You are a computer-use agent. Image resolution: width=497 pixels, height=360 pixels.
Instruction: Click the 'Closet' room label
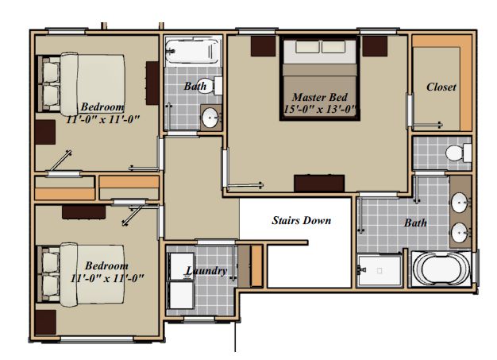pos(441,87)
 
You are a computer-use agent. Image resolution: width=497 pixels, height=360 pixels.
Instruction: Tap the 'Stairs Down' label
pos(301,220)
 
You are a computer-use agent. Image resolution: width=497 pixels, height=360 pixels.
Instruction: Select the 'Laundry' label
pos(206,271)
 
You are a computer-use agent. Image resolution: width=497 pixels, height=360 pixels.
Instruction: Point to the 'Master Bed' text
pos(320,97)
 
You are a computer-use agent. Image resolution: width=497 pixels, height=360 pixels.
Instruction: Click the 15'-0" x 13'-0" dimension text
pos(321,110)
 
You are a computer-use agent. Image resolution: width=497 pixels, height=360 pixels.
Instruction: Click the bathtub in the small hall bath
pos(192,51)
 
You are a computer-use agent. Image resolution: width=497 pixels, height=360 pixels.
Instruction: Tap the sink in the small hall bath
pos(210,118)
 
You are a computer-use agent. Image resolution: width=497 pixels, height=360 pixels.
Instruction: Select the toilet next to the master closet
pos(458,153)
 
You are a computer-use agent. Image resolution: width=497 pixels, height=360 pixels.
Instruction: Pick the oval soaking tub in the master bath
pos(442,269)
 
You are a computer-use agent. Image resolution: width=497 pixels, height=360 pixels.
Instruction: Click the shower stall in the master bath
pos(379,270)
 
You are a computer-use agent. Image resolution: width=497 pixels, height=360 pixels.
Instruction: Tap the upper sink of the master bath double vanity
pos(460,203)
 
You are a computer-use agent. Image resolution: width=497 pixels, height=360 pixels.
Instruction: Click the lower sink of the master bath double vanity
pos(460,233)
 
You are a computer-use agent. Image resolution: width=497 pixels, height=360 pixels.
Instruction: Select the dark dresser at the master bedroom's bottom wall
pos(319,184)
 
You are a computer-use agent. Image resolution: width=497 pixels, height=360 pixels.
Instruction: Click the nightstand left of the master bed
pos(263,46)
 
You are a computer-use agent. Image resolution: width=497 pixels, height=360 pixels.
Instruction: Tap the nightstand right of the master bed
pos(375,46)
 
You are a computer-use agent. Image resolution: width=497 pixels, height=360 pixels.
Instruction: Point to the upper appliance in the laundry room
pos(180,266)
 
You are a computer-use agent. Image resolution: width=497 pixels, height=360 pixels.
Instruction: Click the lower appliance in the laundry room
pos(181,295)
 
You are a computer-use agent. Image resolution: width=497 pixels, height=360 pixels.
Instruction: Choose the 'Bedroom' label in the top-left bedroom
pos(102,107)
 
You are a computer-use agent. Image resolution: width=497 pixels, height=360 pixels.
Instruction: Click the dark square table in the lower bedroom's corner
pos(45,323)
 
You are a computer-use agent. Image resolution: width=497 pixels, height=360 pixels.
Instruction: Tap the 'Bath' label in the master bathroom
pos(415,223)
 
